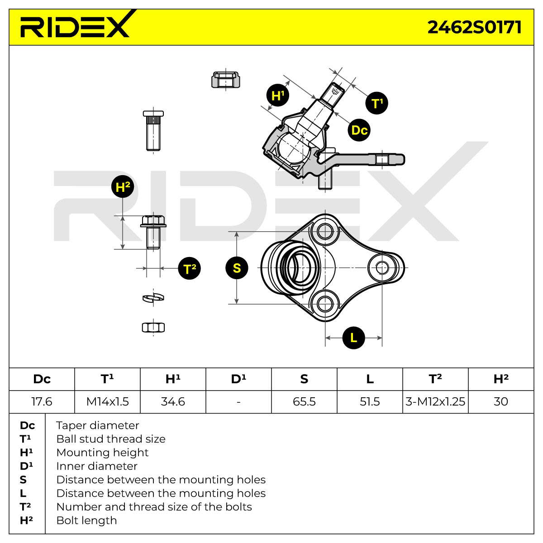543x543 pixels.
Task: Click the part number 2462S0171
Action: point(474,27)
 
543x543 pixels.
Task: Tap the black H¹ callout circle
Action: point(278,95)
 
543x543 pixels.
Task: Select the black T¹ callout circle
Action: point(377,103)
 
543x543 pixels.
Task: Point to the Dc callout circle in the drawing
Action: point(359,130)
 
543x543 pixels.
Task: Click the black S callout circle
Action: point(237,268)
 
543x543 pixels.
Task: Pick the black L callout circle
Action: point(353,338)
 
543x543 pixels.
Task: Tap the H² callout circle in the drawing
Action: point(123,186)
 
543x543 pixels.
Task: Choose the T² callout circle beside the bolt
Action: point(189,268)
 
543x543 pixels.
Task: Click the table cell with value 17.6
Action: point(42,401)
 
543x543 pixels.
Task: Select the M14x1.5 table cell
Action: point(107,401)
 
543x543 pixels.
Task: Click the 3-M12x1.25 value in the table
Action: point(435,401)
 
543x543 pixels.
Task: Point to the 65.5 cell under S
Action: point(304,401)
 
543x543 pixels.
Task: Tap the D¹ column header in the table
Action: point(238,379)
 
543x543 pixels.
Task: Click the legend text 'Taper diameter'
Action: point(97,425)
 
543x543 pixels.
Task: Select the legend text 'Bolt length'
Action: point(86,520)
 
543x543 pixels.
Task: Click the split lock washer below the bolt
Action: point(153,297)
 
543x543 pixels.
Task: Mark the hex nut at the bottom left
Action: point(153,328)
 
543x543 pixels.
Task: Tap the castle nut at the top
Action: point(225,80)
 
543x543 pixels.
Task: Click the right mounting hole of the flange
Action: point(382,267)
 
